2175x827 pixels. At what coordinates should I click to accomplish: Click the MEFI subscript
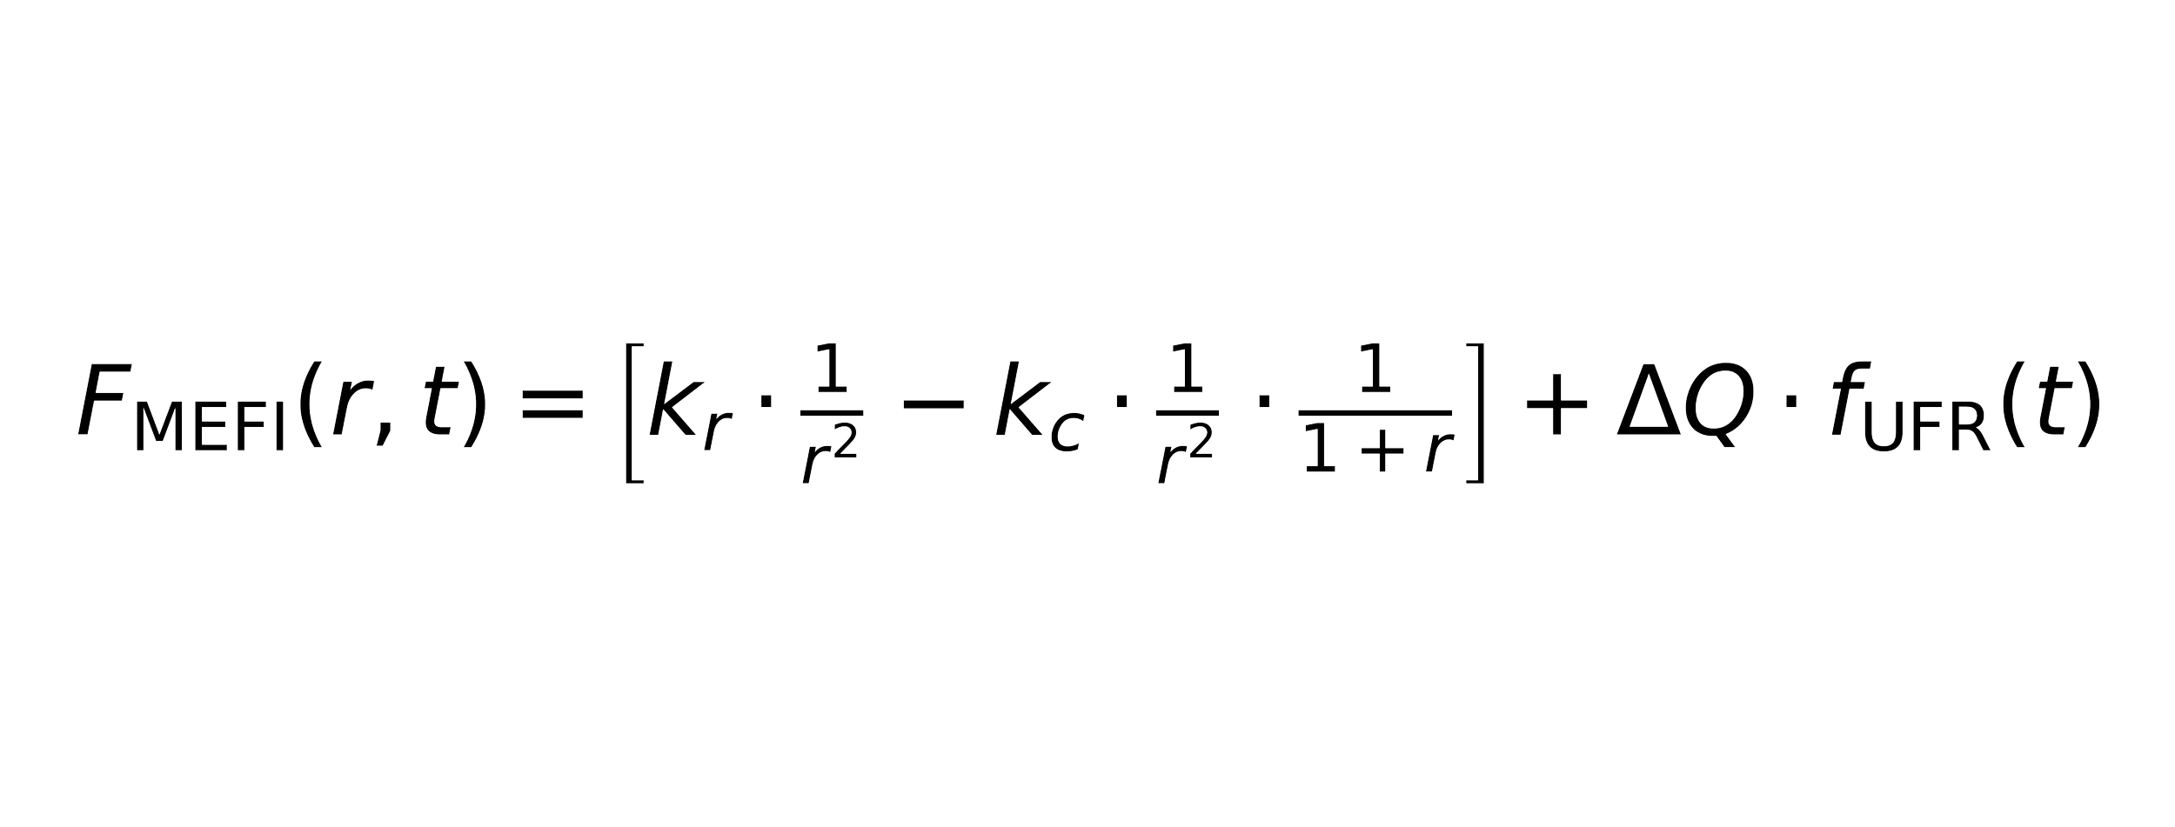210,430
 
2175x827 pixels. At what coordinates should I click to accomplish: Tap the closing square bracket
1473,414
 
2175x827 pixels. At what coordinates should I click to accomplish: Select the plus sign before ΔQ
1557,405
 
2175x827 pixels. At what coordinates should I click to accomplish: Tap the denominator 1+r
1377,455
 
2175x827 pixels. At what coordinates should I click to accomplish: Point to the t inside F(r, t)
434,405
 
